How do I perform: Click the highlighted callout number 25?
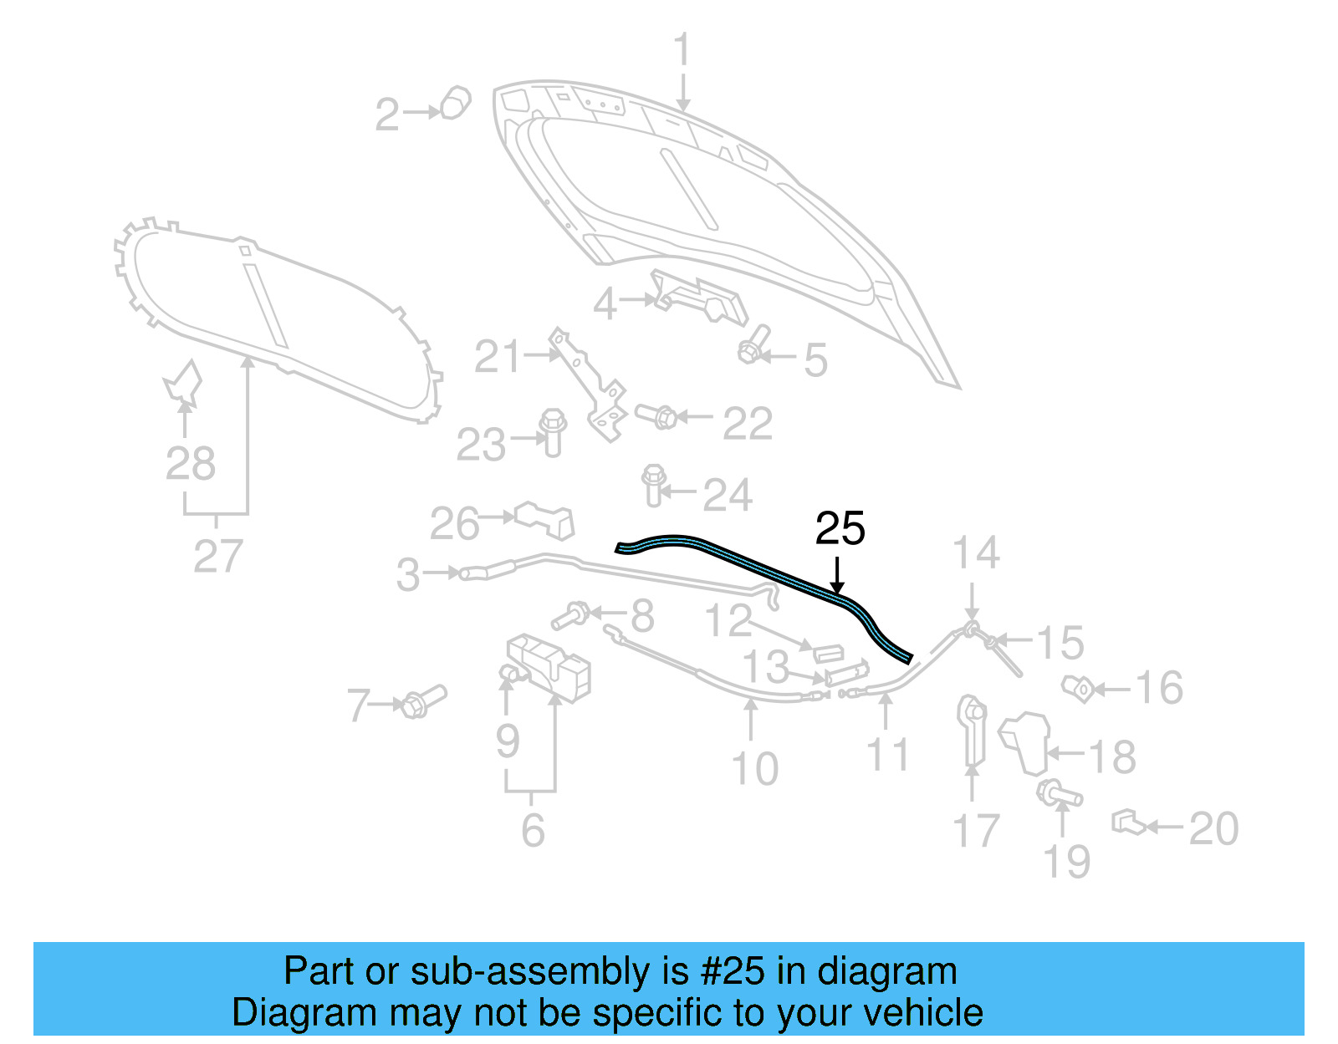(840, 529)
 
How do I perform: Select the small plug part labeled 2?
(455, 103)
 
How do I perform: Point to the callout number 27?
(217, 556)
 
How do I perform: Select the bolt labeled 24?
(654, 484)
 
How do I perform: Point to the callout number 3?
(408, 575)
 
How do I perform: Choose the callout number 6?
(533, 830)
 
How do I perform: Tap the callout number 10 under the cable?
(754, 769)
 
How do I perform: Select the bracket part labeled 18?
(1027, 741)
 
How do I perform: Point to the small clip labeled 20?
(1127, 822)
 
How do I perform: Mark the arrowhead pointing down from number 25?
(837, 588)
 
